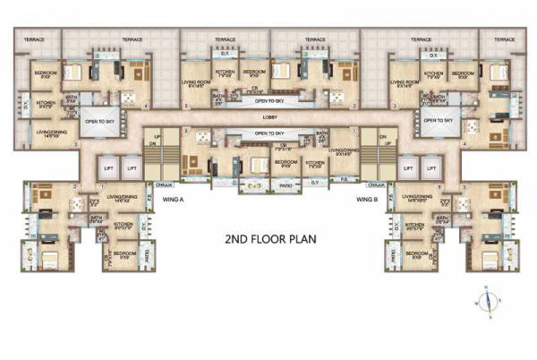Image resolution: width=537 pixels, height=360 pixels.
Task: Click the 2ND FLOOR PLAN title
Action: tap(268, 239)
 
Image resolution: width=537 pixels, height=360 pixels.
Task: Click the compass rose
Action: tap(487, 300)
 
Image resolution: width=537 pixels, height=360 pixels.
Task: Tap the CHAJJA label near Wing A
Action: tap(164, 185)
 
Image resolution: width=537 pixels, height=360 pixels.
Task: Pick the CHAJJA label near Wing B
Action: tap(375, 185)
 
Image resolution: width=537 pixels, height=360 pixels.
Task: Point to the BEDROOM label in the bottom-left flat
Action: tap(124, 253)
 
